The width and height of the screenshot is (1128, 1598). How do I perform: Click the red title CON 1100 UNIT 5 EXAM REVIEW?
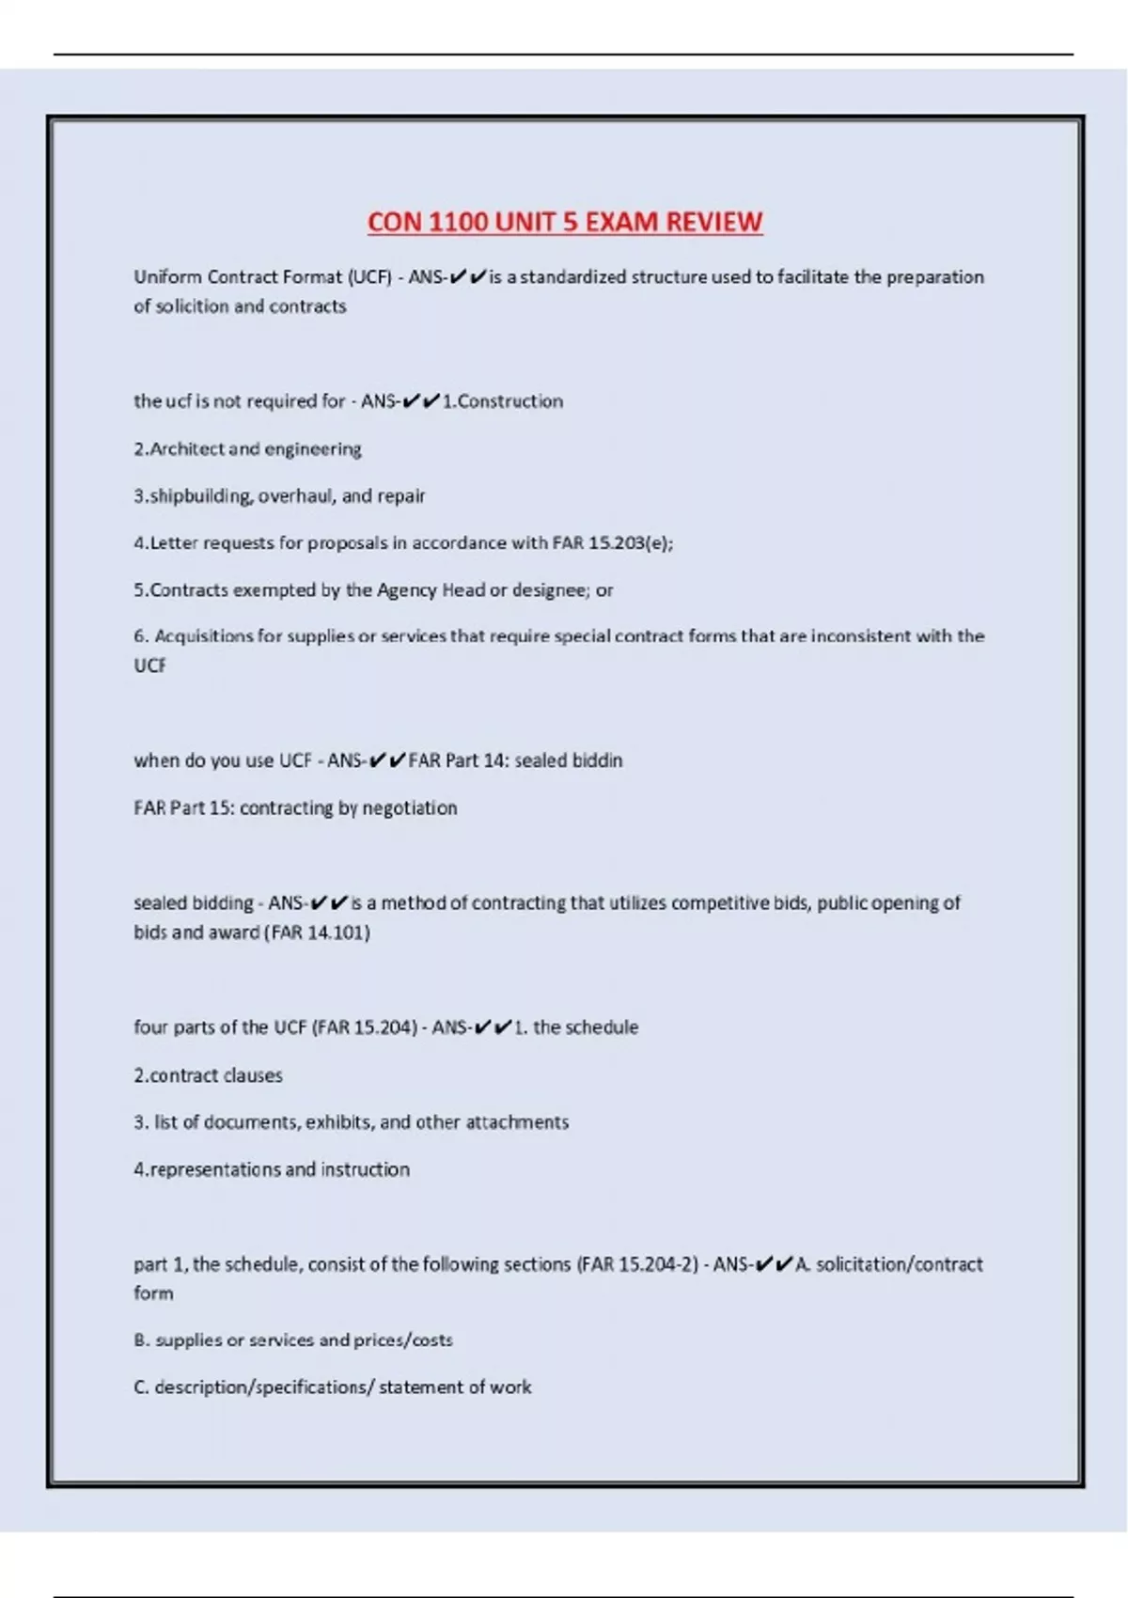click(x=564, y=222)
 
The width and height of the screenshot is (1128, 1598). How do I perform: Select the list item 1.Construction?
click(x=503, y=401)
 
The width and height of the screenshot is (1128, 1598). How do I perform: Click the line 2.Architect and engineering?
click(x=247, y=449)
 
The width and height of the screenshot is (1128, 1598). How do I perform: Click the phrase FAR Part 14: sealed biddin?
click(x=515, y=760)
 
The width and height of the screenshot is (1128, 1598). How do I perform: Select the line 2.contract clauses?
click(x=208, y=1075)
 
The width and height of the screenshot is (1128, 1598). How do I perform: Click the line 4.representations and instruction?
click(x=272, y=1169)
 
